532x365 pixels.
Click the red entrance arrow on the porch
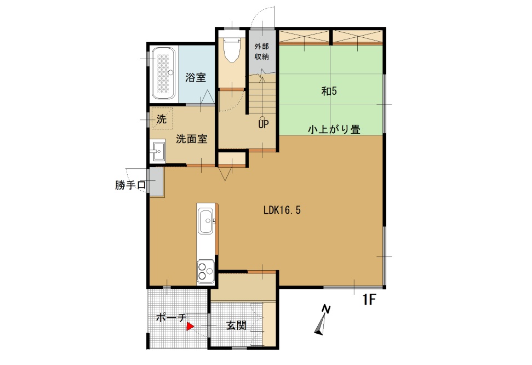pyautogui.click(x=190, y=327)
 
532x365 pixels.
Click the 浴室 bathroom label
pyautogui.click(x=196, y=78)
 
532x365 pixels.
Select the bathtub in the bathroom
pyautogui.click(x=163, y=73)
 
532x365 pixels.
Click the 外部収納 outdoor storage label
pyautogui.click(x=261, y=52)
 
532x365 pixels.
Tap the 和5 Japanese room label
pyautogui.click(x=329, y=91)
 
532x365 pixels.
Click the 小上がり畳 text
pyautogui.click(x=334, y=129)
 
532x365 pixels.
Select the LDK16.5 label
pyautogui.click(x=282, y=210)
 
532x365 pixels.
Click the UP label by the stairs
pyautogui.click(x=264, y=124)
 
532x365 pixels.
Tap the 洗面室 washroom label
pyautogui.click(x=191, y=139)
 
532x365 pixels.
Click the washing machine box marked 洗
pyautogui.click(x=162, y=118)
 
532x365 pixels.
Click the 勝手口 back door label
pyautogui.click(x=130, y=185)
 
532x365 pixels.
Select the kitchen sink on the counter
pyautogui.click(x=206, y=221)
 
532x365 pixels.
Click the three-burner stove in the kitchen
pyautogui.click(x=206, y=271)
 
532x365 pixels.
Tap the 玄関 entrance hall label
pyautogui.click(x=236, y=326)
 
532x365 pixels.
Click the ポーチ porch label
pyautogui.click(x=171, y=317)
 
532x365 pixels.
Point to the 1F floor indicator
pyautogui.click(x=369, y=299)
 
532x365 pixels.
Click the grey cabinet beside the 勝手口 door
pyautogui.click(x=157, y=181)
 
